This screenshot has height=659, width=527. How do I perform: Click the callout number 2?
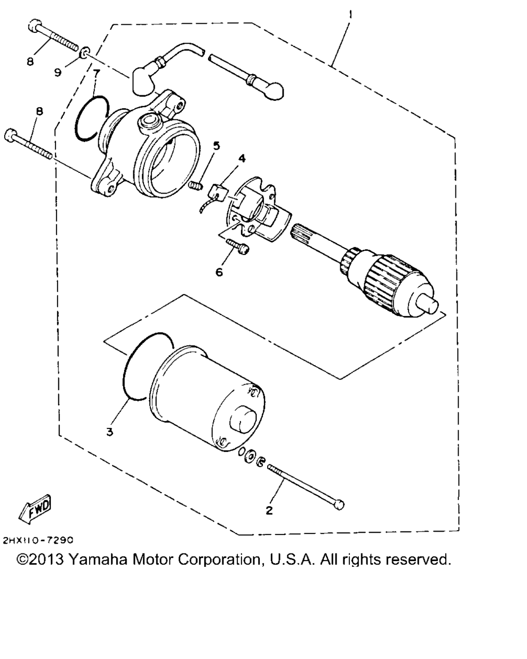click(269, 511)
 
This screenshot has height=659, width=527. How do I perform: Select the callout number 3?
click(109, 431)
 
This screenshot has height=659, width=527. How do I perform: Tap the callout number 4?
click(241, 159)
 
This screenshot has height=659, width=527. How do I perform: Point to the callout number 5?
click(217, 146)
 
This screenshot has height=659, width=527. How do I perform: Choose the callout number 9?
click(58, 73)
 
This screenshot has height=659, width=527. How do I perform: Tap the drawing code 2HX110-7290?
click(39, 541)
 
